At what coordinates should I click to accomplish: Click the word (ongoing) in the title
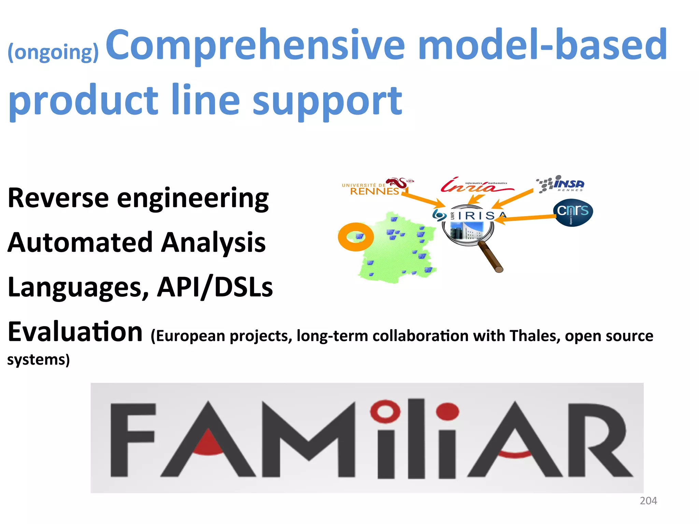(53, 52)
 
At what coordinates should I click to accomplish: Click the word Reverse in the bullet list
(58, 198)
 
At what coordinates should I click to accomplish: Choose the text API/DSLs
(215, 287)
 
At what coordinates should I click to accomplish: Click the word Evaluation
(75, 332)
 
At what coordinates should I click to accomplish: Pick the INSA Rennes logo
(561, 185)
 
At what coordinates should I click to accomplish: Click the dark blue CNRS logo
(573, 212)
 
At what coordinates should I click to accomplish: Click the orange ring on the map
(356, 237)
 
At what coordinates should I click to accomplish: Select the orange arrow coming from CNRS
(526, 218)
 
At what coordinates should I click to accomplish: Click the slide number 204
(648, 500)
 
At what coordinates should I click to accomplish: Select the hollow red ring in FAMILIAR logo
(385, 411)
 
